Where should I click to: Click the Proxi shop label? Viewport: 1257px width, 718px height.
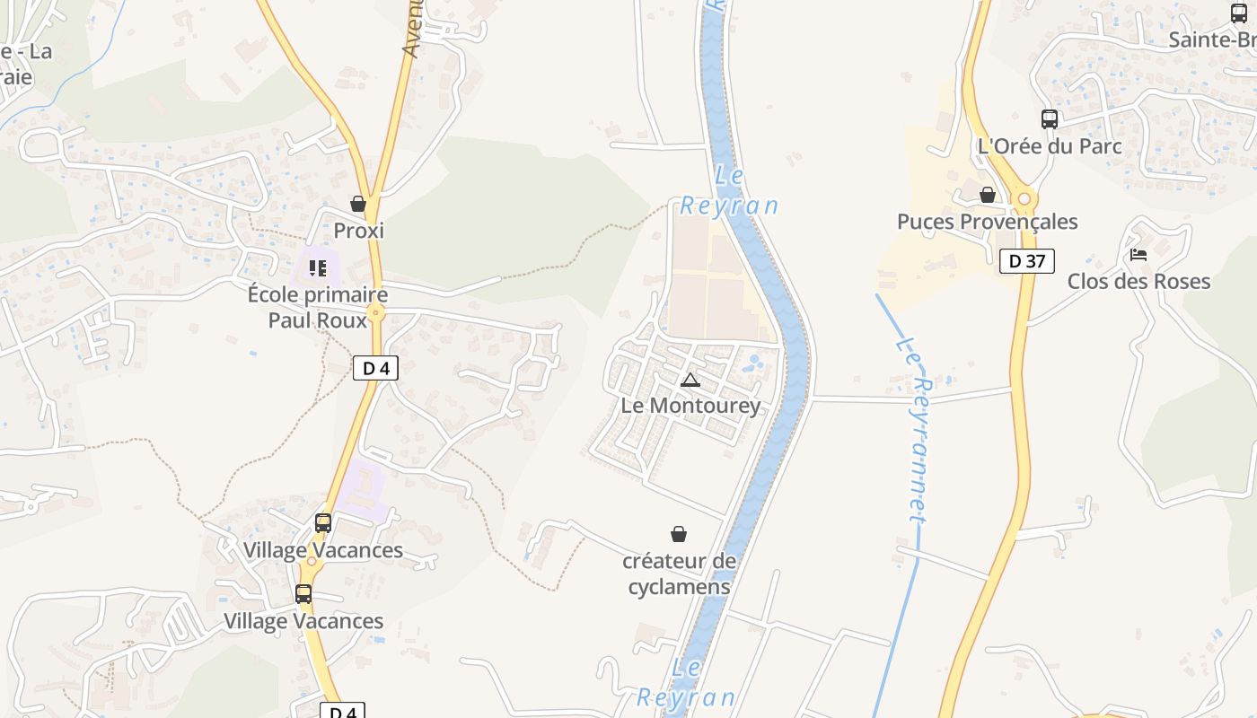[x=358, y=231]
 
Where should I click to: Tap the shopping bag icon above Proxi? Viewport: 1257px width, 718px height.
[x=358, y=205]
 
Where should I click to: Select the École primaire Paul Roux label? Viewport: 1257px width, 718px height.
[x=318, y=308]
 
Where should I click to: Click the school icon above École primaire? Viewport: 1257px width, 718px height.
[x=317, y=268]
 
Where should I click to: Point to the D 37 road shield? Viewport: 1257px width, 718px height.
[x=1026, y=261]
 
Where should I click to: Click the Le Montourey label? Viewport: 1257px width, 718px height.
[x=690, y=406]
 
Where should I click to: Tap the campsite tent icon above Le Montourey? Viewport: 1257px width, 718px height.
[x=690, y=380]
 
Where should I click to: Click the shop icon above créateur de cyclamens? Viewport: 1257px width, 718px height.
[x=679, y=535]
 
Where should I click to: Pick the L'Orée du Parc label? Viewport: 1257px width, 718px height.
[x=1050, y=145]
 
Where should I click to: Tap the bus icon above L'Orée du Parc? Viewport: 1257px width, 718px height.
[x=1049, y=118]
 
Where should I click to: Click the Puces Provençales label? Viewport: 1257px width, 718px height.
[x=988, y=222]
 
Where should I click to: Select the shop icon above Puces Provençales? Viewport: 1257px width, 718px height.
[x=988, y=195]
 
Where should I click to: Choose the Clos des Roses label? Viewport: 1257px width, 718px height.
[x=1138, y=281]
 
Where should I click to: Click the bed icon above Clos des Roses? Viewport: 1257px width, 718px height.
[x=1138, y=255]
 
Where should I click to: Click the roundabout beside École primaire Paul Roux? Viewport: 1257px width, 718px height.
[x=375, y=313]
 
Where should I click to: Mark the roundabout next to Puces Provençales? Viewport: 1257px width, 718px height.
[x=1023, y=199]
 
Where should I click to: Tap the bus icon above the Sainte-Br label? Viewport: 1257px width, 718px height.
[x=1239, y=13]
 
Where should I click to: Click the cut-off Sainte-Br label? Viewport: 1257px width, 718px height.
[x=1212, y=40]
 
